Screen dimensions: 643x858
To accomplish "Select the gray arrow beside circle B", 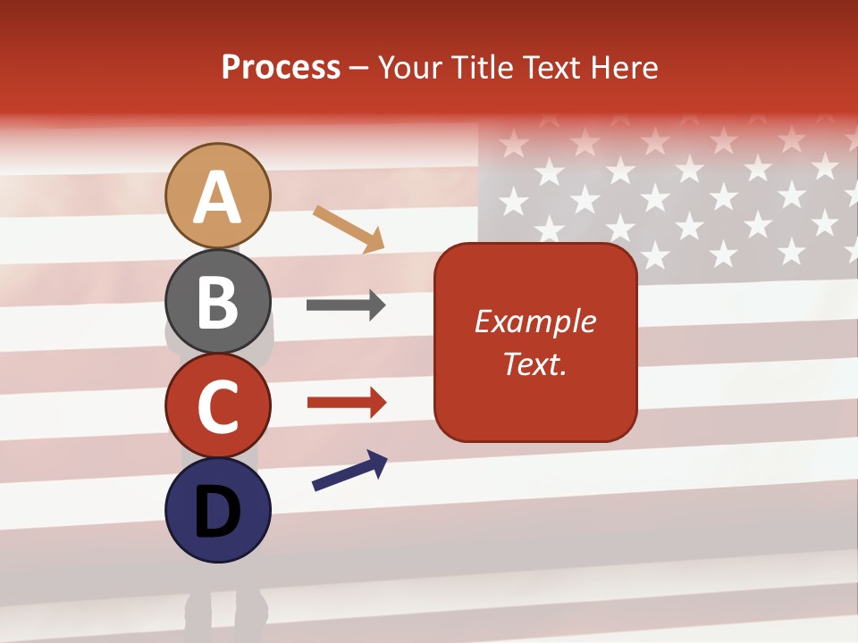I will coord(346,305).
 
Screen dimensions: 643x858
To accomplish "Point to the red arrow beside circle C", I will coord(346,403).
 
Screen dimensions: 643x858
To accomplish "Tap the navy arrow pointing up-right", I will coord(349,471).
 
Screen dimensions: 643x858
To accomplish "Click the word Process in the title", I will coord(281,68).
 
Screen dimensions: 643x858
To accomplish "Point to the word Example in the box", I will coord(534,321).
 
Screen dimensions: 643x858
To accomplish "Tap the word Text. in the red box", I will coord(534,363).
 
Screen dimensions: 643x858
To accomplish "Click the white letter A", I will coord(217,198).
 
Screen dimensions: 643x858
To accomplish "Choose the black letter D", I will coord(217,512).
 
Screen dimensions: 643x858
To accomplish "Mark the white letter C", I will coord(217,407).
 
